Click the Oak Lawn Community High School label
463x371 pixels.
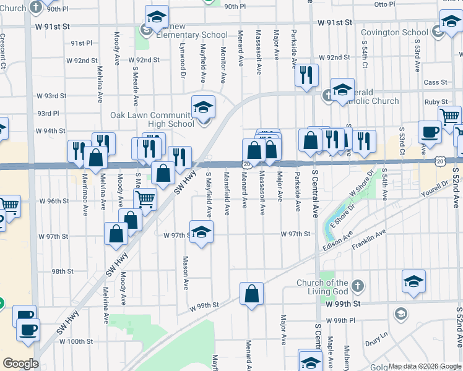click(x=152, y=119)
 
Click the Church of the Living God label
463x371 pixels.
click(x=322, y=287)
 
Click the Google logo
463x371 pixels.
click(x=20, y=363)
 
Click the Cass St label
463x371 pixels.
click(x=435, y=82)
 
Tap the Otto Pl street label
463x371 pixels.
click(x=384, y=4)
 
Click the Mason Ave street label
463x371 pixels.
click(x=185, y=273)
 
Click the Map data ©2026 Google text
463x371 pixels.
click(x=425, y=366)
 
